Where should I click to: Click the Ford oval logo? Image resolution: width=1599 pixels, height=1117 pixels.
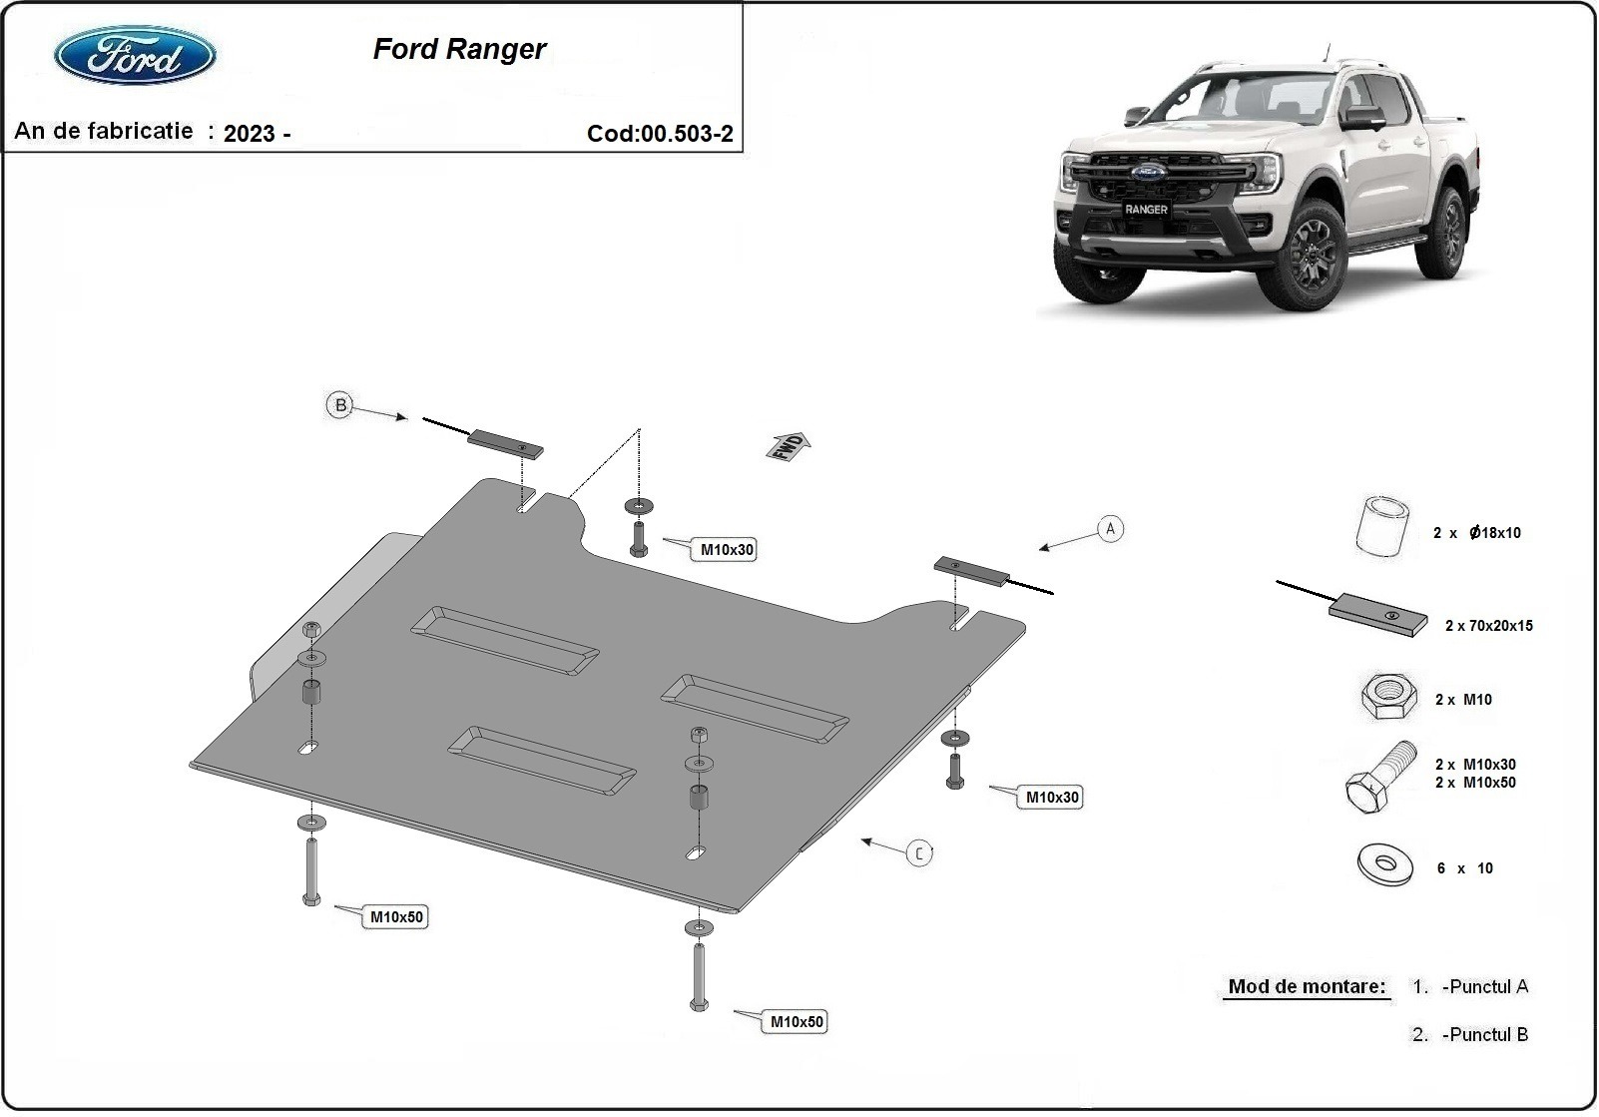click(x=135, y=56)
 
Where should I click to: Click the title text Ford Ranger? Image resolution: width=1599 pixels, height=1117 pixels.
click(x=459, y=49)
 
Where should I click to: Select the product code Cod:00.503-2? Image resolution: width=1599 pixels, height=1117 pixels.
click(x=660, y=134)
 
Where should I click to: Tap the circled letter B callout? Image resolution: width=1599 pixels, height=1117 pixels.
click(x=340, y=405)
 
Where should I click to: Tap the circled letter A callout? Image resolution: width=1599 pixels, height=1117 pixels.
click(x=1110, y=529)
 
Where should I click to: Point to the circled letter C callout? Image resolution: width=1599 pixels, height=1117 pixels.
click(x=919, y=852)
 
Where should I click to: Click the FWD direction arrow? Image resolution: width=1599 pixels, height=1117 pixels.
click(x=789, y=445)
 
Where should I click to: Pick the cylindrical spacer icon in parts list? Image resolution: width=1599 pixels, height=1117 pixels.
click(x=1382, y=526)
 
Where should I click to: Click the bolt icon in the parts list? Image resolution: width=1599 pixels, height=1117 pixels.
click(x=1380, y=778)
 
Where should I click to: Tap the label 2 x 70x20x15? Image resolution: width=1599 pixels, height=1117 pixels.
click(x=1488, y=626)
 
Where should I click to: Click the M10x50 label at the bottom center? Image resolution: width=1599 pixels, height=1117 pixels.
click(x=797, y=1022)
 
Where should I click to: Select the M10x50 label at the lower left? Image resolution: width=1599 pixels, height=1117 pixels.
click(x=396, y=916)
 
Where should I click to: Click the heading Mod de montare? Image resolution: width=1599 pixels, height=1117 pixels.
click(x=1306, y=987)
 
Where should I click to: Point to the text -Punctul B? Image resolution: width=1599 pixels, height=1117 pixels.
click(x=1484, y=1035)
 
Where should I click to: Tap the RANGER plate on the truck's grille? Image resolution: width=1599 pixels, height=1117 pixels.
click(x=1146, y=210)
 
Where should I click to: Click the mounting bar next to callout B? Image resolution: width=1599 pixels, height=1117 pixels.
click(x=507, y=443)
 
